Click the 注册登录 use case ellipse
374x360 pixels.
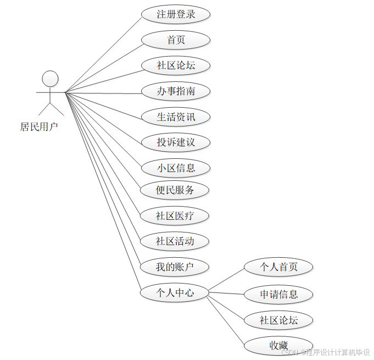[176, 14]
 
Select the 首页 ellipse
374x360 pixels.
[176, 40]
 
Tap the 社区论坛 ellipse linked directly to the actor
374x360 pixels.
[176, 65]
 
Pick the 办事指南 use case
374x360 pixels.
[176, 91]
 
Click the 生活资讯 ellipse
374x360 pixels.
[176, 117]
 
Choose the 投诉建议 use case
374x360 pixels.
[176, 142]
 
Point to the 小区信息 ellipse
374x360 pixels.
[176, 168]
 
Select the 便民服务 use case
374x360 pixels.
[175, 190]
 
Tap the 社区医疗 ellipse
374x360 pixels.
[175, 216]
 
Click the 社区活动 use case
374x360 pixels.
[175, 241]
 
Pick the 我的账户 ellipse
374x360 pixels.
[175, 267]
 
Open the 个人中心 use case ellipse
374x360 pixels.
[175, 293]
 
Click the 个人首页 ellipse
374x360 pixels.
[278, 267]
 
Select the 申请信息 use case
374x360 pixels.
[278, 294]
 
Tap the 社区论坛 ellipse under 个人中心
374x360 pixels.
[278, 320]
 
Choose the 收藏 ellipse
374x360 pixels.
[278, 345]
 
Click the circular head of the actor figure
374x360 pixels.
[51, 79]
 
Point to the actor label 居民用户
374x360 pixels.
[39, 127]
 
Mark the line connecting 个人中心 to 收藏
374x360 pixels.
[225, 322]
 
